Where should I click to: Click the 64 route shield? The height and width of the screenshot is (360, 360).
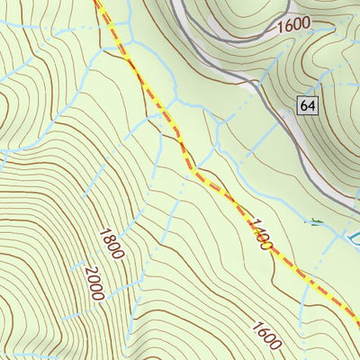[309, 105]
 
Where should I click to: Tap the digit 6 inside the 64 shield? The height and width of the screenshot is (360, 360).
[305, 105]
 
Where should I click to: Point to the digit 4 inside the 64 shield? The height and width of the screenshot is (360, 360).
[312, 105]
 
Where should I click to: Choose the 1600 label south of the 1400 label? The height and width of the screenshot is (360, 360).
[268, 336]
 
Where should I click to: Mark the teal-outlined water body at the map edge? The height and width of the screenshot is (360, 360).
[353, 239]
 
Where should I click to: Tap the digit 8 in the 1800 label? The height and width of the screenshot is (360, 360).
[107, 237]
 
